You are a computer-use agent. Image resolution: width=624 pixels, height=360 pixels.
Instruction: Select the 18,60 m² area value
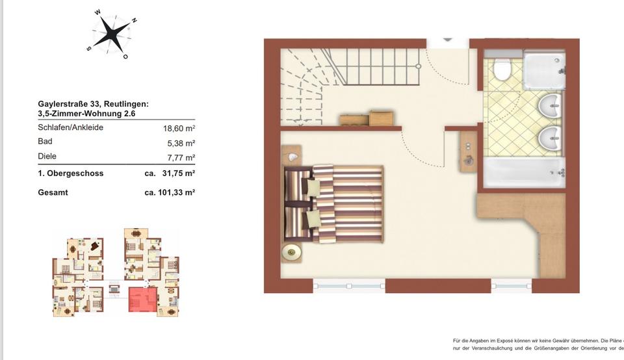[180, 129]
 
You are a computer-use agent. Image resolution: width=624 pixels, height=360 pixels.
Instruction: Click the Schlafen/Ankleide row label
[70, 127]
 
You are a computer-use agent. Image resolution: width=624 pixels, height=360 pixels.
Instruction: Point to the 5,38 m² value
[182, 143]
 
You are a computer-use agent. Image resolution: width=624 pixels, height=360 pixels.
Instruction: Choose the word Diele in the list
[47, 157]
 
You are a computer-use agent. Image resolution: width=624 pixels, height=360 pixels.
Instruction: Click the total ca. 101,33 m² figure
[170, 192]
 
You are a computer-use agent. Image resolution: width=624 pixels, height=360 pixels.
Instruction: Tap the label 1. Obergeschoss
[70, 174]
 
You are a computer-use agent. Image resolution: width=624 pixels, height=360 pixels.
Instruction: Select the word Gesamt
[53, 192]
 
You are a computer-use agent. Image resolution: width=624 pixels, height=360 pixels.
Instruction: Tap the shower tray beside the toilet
[545, 70]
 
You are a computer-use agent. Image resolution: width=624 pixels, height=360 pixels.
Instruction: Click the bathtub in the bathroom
[525, 172]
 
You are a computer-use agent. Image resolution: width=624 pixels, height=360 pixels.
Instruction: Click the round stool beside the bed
[290, 251]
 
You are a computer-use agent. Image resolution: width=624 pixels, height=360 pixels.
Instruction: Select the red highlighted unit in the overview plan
[142, 299]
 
